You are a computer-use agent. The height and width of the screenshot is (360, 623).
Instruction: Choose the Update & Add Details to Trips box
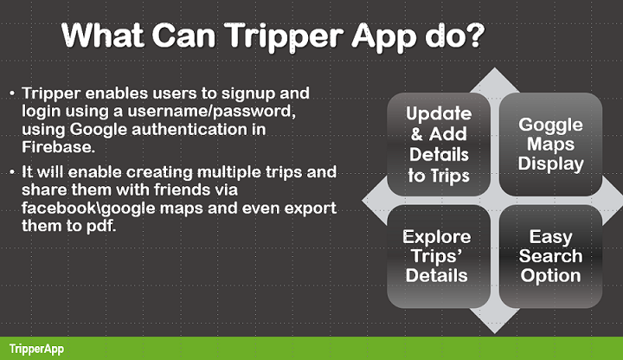pyautogui.click(x=439, y=145)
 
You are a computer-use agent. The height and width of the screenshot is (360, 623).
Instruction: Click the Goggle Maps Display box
pyautogui.click(x=550, y=145)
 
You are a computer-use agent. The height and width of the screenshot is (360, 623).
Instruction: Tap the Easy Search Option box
pyautogui.click(x=550, y=256)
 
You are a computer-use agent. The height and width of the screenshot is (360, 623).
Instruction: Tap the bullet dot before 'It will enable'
pyautogui.click(x=11, y=171)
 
